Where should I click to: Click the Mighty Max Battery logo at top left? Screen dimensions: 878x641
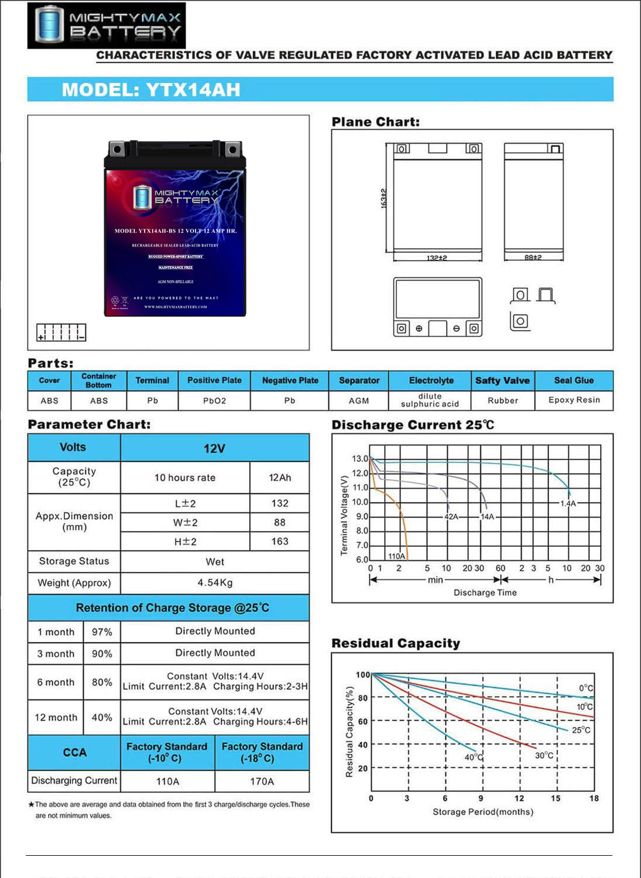106,25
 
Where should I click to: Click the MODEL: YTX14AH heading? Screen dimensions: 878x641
151,90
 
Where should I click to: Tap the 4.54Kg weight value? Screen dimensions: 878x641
215,582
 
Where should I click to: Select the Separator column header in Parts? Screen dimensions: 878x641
359,380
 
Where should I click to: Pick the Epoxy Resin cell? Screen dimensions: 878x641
574,400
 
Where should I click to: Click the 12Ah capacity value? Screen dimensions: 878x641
280,478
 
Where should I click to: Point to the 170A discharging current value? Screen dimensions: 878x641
262,781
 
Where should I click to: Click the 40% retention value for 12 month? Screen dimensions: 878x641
102,717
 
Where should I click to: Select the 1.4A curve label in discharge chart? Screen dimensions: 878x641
568,503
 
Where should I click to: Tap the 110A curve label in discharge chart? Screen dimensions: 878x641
396,556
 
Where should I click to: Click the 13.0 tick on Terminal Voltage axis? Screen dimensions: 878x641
360,458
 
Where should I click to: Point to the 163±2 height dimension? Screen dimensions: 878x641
384,198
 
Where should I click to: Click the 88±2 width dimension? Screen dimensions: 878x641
533,257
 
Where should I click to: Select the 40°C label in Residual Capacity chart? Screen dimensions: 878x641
474,757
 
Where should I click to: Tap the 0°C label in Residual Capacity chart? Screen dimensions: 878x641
586,688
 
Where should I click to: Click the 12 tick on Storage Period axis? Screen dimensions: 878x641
519,798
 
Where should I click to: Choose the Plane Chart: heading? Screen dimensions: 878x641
375,122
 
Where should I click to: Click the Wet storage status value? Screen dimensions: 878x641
215,561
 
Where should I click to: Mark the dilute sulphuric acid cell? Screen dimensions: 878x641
430,400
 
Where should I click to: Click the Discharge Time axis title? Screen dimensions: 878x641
485,592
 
